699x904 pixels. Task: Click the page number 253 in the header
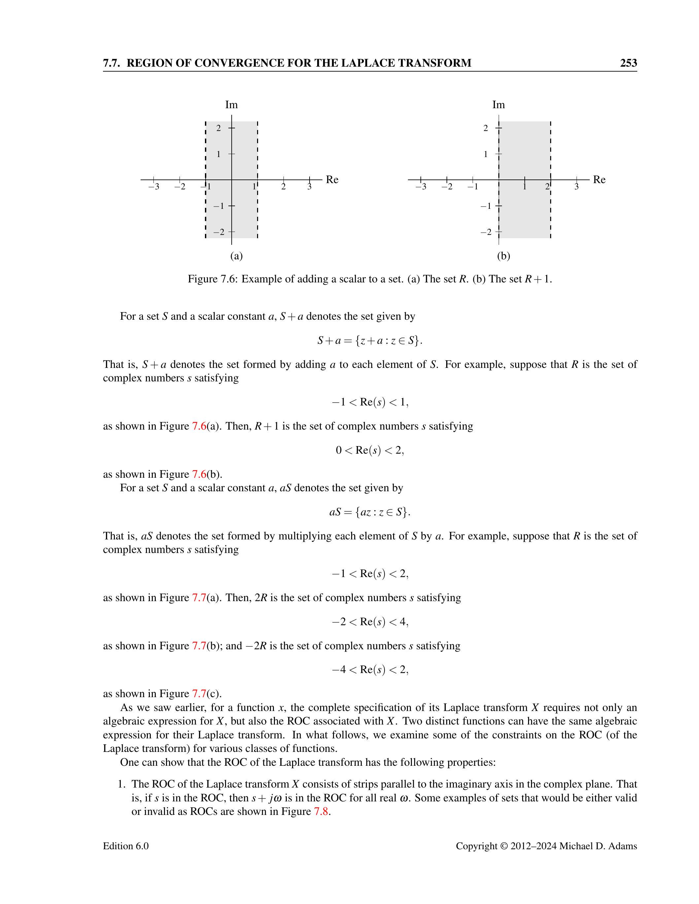point(628,63)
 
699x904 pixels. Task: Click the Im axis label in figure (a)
point(231,105)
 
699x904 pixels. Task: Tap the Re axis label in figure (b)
point(599,179)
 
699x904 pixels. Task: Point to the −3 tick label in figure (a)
point(154,187)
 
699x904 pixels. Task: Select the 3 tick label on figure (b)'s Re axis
point(577,187)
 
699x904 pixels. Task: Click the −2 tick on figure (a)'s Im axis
point(219,232)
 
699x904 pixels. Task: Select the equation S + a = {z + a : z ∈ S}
point(370,340)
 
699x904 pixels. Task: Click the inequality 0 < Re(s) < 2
point(370,450)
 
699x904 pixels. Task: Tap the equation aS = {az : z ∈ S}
point(370,512)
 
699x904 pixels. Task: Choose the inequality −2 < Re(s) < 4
point(370,622)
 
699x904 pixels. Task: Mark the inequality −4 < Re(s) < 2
point(370,670)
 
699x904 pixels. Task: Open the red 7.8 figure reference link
point(321,811)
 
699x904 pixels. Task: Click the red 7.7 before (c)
point(199,693)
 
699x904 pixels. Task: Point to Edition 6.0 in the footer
point(126,846)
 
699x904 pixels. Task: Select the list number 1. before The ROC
point(122,784)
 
